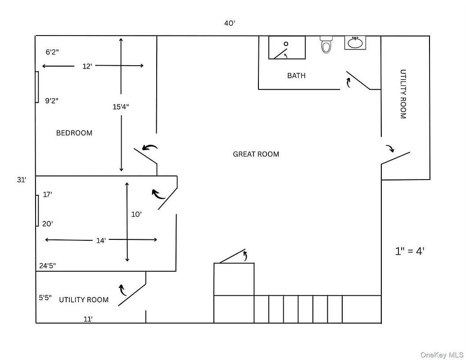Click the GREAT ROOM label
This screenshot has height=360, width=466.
256,154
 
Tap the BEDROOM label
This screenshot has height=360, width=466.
74,133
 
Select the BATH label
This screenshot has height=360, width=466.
296,76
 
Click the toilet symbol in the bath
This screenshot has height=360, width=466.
326,45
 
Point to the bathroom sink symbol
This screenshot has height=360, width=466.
355,43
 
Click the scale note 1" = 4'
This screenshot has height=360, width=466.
410,252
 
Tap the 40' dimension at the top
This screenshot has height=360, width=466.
230,23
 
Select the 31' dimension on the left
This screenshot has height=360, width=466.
22,180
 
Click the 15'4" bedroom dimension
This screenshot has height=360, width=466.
121,107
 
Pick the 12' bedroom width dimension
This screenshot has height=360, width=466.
87,66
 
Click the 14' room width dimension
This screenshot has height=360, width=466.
101,241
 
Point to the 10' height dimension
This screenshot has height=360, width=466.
136,215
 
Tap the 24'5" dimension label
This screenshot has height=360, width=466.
47,266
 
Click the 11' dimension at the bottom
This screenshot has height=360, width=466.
88,319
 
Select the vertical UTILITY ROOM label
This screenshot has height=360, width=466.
403,94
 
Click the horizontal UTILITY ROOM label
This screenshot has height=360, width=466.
84,300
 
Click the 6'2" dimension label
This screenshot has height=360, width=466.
52,52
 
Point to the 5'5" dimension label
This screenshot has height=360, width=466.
45,298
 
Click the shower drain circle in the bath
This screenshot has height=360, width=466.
286,44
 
